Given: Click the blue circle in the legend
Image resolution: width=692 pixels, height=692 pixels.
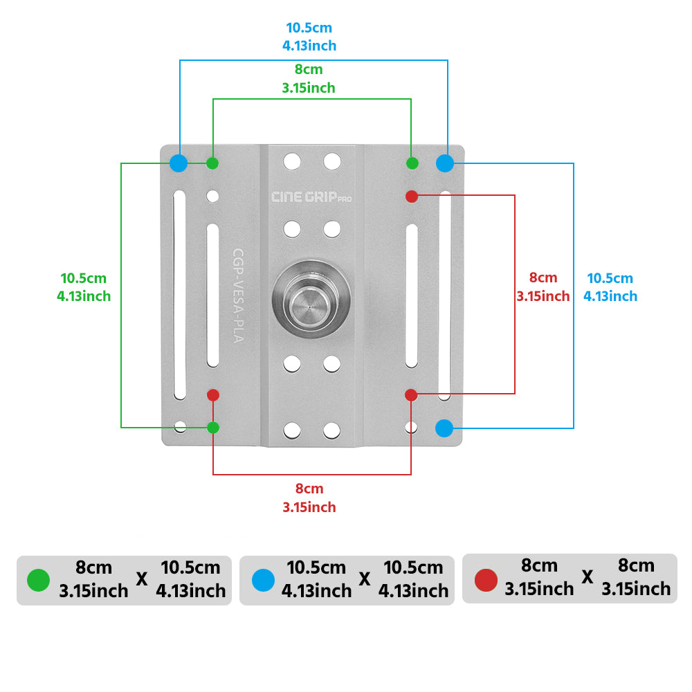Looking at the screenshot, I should coord(263,580).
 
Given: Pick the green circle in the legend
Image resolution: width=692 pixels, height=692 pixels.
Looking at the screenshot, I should coord(38,580).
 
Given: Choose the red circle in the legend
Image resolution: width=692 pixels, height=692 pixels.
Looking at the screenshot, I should coord(486,580).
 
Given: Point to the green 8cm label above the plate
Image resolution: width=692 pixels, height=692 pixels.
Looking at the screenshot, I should coord(309,79).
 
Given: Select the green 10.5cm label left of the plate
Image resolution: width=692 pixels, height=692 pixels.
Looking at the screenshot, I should coord(84,287).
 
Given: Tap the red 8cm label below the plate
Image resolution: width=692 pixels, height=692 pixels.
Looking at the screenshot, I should coord(309,498).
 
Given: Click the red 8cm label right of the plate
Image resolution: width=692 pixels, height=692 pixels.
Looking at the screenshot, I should coord(543,287).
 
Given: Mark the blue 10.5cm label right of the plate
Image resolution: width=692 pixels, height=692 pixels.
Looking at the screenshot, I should coord(610,287).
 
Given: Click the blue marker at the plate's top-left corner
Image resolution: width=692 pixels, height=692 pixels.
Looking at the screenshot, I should coord(179,163).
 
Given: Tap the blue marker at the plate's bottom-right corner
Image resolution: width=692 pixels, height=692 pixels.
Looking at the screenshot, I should coord(444,428).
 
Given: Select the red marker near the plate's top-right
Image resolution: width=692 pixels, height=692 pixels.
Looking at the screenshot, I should coord(412,197).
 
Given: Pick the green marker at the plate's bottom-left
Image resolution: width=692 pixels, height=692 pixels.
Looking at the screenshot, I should coord(213,428).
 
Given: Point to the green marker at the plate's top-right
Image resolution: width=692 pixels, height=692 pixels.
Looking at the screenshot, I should coord(412,163).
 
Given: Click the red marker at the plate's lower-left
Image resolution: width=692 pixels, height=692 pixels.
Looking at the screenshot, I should coord(213,395).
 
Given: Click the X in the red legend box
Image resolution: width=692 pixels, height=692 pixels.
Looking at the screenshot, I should coord(588,577).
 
